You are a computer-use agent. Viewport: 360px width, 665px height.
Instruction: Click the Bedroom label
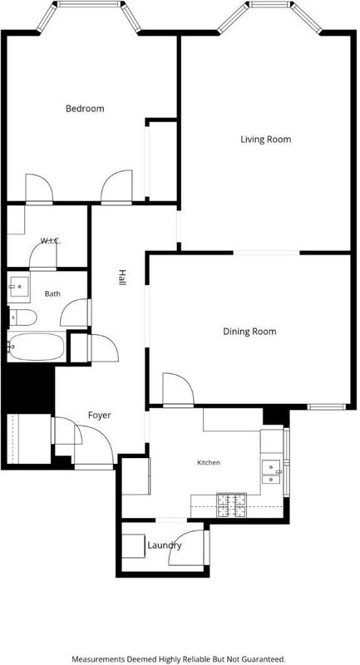click(x=85, y=109)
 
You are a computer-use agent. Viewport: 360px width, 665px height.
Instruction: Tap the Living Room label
click(x=266, y=139)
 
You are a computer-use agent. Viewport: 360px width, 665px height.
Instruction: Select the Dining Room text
click(x=249, y=331)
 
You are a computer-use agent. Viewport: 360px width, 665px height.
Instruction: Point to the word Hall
click(x=121, y=278)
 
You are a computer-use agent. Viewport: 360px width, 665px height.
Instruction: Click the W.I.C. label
click(x=51, y=241)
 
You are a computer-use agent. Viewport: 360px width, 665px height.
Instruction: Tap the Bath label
click(x=52, y=293)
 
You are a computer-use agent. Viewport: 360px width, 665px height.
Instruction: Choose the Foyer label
click(x=99, y=415)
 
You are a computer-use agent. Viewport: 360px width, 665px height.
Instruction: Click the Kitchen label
click(x=209, y=462)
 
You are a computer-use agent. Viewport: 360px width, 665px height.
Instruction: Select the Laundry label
click(x=165, y=545)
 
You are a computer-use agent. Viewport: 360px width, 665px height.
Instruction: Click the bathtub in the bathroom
click(x=37, y=347)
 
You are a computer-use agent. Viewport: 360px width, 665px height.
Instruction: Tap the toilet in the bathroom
click(x=23, y=318)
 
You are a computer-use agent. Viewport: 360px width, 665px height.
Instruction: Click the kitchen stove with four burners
click(x=232, y=505)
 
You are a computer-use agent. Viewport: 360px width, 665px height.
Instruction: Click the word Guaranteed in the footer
click(x=266, y=659)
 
